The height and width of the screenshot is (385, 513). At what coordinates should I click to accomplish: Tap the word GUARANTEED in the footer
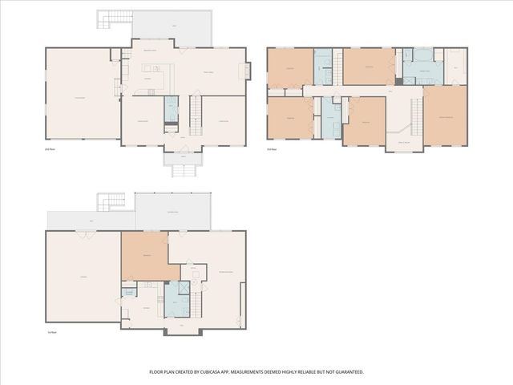click(345, 372)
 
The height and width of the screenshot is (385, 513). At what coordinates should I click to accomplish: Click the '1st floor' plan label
click(51, 329)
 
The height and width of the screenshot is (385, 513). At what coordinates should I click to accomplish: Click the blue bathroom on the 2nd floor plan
click(172, 109)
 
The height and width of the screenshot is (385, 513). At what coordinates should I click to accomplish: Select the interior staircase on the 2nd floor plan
click(195, 115)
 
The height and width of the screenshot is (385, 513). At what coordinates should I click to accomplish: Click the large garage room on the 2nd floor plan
click(82, 94)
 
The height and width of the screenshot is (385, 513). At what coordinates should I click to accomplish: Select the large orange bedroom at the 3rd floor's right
click(445, 115)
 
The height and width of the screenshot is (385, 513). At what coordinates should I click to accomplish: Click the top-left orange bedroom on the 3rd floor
click(289, 67)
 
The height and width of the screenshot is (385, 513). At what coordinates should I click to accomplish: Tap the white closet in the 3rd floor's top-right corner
click(455, 66)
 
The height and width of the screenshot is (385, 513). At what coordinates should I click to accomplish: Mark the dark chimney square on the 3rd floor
click(399, 81)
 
